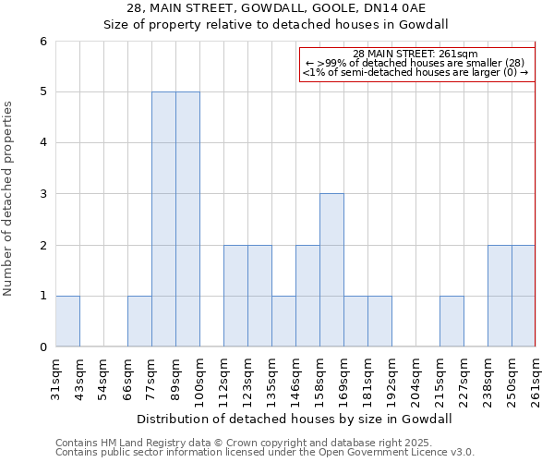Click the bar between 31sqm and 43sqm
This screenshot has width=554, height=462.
pyautogui.click(x=67, y=322)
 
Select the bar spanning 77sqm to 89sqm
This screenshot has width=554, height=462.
pyautogui.click(x=163, y=219)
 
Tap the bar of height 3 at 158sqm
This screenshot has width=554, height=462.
pyautogui.click(x=331, y=270)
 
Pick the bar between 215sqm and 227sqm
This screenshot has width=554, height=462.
pyautogui.click(x=452, y=322)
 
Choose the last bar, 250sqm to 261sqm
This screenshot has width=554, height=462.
pyautogui.click(x=524, y=296)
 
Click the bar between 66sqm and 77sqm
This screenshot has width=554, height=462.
pyautogui.click(x=139, y=322)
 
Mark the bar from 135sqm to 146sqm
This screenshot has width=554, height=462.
pyautogui.click(x=283, y=322)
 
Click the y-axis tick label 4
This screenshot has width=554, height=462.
pyautogui.click(x=42, y=143)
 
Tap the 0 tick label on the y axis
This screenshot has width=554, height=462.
pyautogui.click(x=42, y=347)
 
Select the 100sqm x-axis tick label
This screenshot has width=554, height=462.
pyautogui.click(x=199, y=379)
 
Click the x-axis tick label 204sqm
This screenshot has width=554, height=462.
pyautogui.click(x=415, y=379)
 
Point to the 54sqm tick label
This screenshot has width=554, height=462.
pyautogui.click(x=103, y=379)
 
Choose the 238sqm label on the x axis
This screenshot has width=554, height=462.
pyautogui.click(x=488, y=379)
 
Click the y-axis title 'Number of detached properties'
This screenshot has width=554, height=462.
pyautogui.click(x=9, y=199)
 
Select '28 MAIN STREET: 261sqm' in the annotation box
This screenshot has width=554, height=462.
pyautogui.click(x=415, y=54)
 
